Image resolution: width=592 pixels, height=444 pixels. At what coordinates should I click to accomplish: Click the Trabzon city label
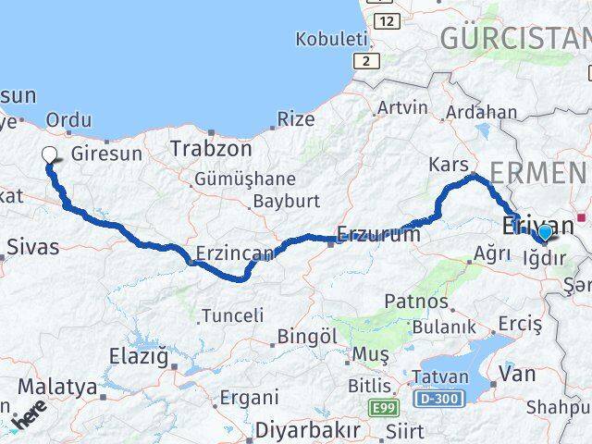[211, 148]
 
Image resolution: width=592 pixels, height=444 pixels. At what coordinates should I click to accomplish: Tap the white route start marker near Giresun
[49, 156]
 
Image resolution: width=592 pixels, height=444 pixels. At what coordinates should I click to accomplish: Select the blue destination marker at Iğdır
[545, 232]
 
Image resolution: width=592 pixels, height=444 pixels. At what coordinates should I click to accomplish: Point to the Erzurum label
[378, 235]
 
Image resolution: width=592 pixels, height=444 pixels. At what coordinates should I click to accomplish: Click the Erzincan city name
[235, 253]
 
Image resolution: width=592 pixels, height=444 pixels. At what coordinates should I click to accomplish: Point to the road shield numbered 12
[388, 20]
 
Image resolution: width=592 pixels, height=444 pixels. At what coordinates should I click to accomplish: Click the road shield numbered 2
[366, 60]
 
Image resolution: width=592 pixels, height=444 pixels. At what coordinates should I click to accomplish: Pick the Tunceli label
[232, 315]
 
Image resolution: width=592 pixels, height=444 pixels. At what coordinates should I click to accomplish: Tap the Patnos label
[416, 302]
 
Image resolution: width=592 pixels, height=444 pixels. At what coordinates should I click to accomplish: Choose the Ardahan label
[481, 112]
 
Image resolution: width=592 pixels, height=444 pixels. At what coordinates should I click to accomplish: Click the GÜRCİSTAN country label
[514, 38]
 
